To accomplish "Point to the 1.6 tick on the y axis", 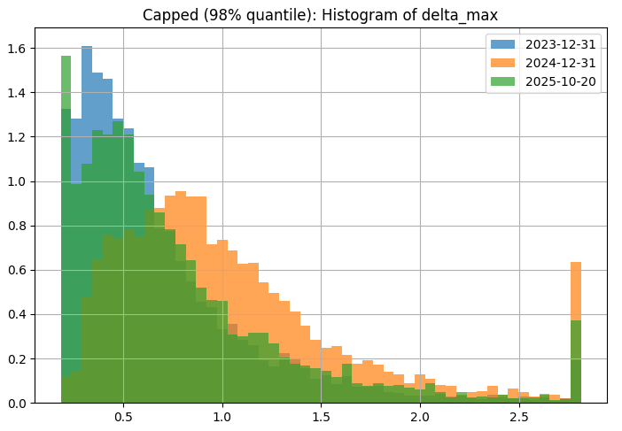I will [19, 48].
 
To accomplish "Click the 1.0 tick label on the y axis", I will [19, 181].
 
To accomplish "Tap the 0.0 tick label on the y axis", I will [19, 404].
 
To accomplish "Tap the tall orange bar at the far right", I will [576, 292].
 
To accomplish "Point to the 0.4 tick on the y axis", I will [19, 315].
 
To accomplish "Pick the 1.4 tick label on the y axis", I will [19, 93].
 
